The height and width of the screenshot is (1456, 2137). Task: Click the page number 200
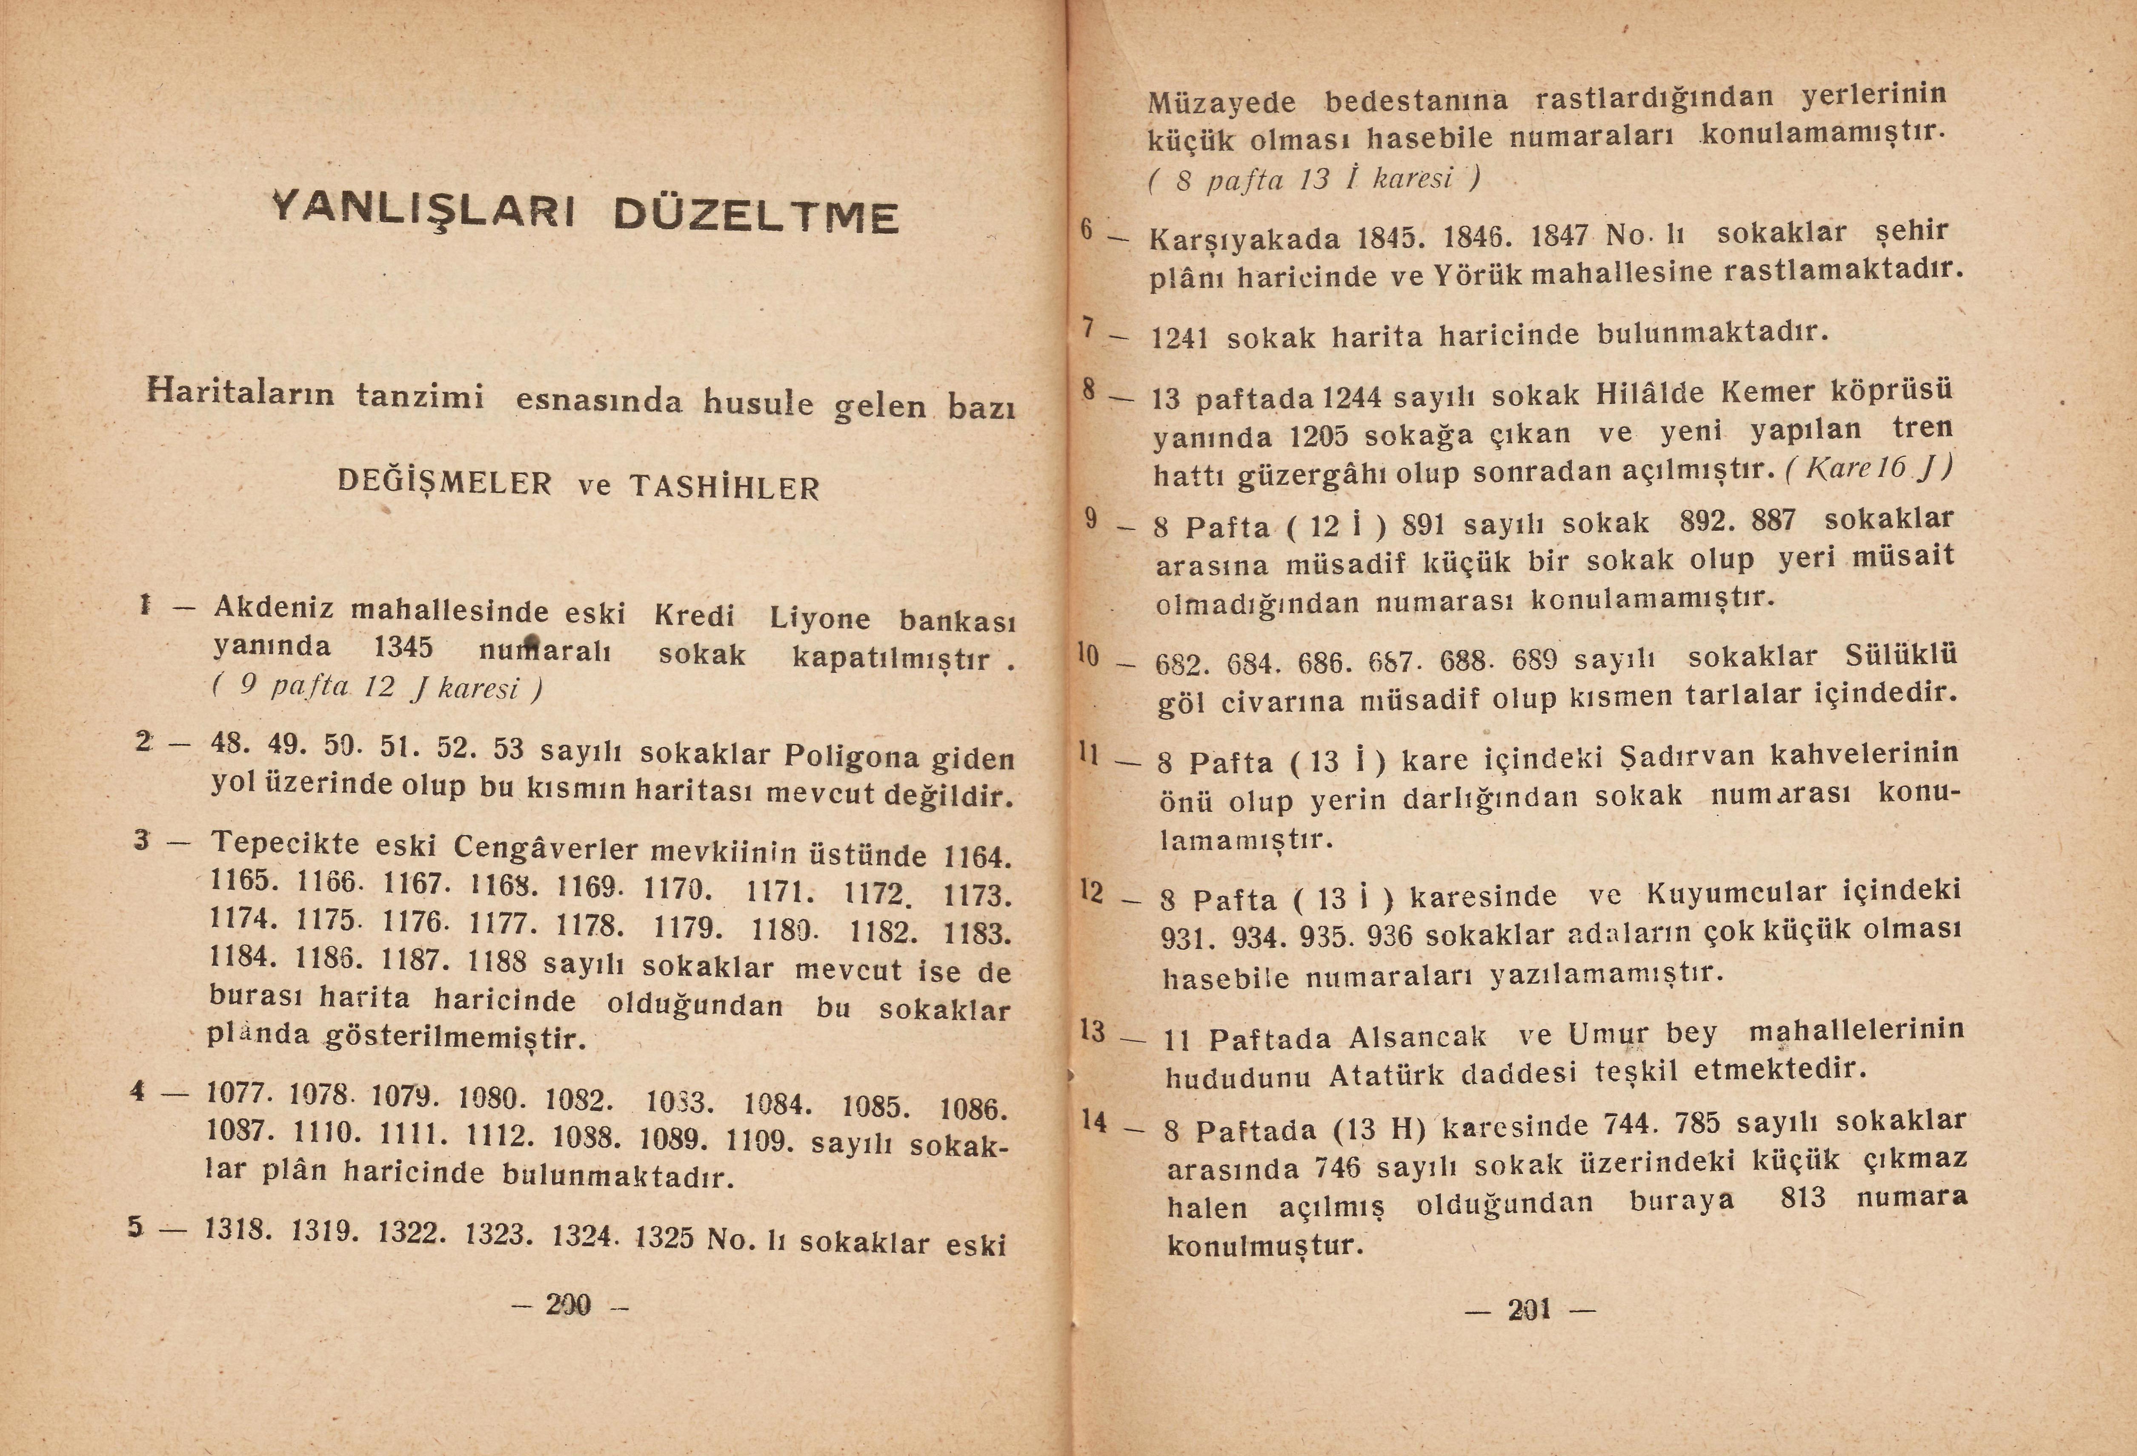(568, 1304)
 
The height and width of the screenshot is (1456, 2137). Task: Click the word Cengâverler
(545, 847)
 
